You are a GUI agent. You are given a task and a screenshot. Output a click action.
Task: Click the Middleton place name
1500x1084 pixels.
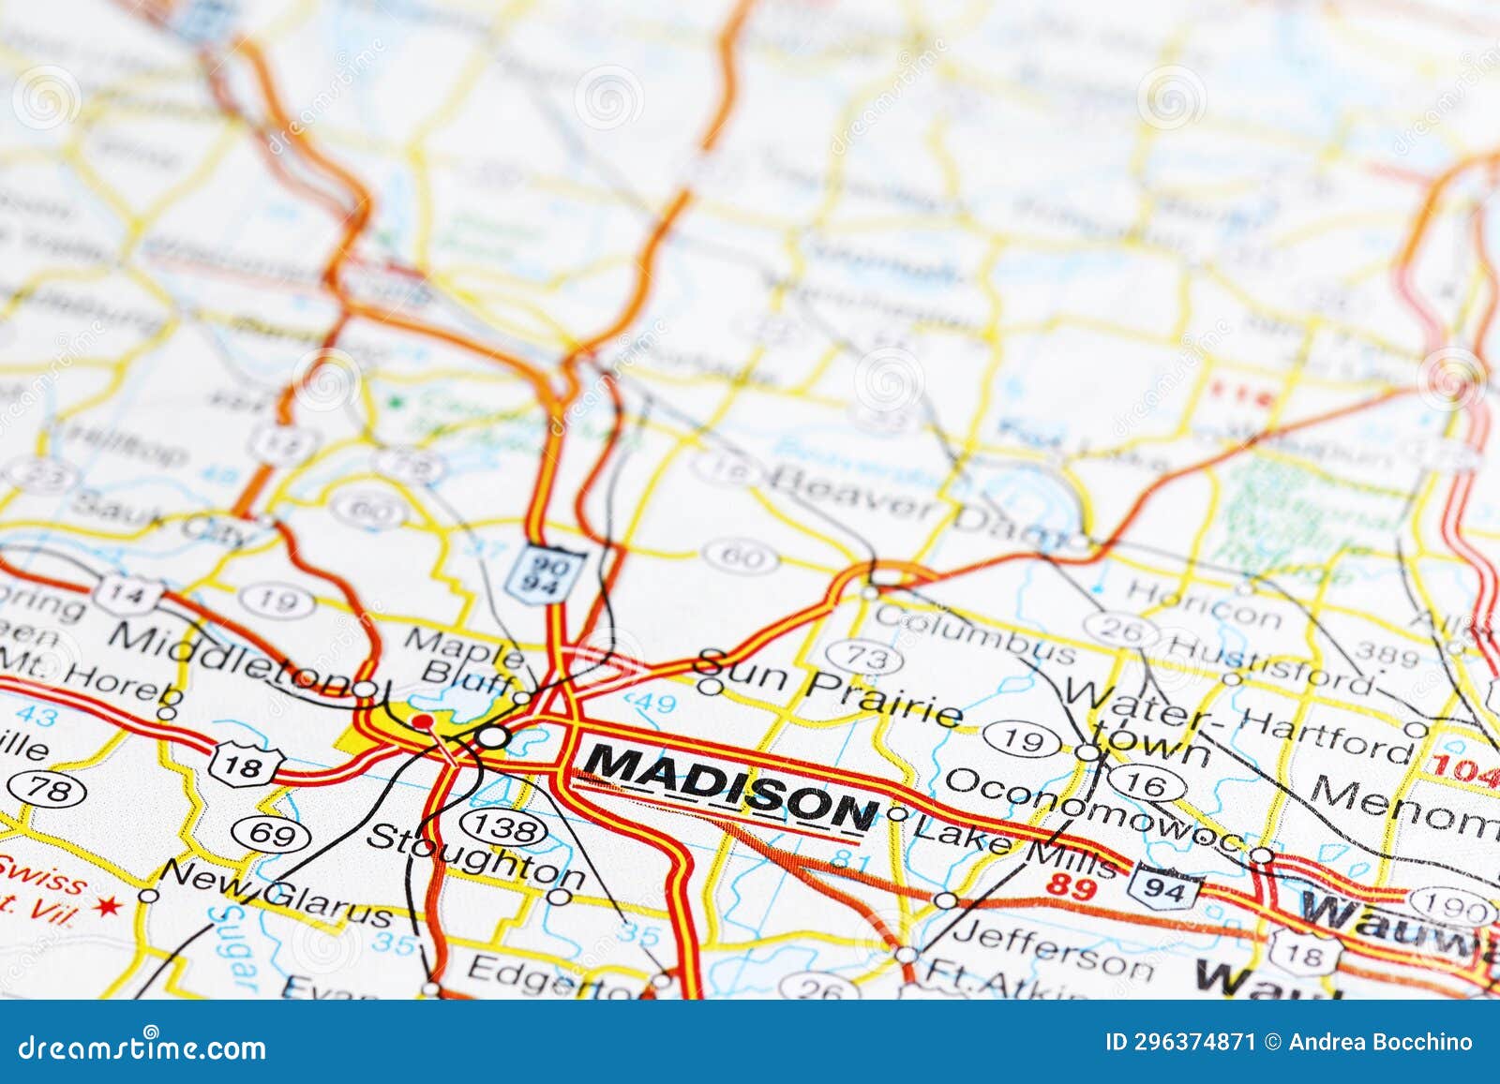(230, 657)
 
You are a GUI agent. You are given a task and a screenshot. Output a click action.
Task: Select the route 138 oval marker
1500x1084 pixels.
(505, 827)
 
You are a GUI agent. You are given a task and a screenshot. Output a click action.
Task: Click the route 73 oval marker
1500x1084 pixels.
(868, 658)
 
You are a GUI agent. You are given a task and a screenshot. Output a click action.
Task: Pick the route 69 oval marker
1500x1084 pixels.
(272, 833)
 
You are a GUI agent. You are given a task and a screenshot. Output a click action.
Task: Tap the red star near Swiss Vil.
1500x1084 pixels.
(111, 906)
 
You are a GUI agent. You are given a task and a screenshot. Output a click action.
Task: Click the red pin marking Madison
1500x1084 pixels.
(425, 721)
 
